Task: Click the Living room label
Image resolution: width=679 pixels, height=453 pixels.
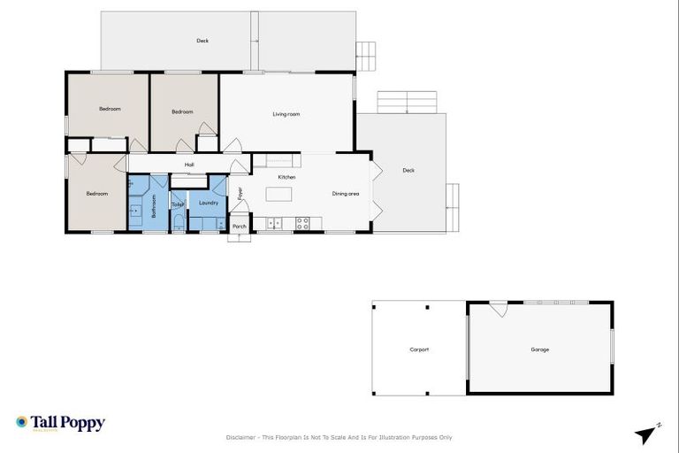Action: [x=286, y=114]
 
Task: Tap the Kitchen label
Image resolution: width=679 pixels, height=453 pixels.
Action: [x=286, y=178]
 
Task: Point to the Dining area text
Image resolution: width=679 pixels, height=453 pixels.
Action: [x=345, y=194]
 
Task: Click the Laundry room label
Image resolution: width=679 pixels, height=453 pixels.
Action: [x=209, y=203]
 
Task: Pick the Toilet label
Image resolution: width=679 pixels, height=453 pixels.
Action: [x=178, y=205]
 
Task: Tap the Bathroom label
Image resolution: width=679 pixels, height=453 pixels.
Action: [x=153, y=206]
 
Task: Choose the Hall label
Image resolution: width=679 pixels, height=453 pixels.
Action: [x=188, y=165]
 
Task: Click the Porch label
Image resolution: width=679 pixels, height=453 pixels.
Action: [x=239, y=226]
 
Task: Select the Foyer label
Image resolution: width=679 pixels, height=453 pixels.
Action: [x=240, y=193]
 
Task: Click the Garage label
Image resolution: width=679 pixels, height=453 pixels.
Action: [x=539, y=349]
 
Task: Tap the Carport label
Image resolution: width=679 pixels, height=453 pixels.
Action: [x=419, y=349]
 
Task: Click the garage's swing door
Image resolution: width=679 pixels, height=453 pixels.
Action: [x=499, y=309]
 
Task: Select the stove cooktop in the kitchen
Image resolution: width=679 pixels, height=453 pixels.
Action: [x=302, y=223]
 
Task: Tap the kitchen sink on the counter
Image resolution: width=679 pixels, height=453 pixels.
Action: [x=274, y=223]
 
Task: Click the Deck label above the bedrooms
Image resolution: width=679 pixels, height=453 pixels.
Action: [x=202, y=41]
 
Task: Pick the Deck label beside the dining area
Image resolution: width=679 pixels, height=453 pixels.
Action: [x=408, y=171]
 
